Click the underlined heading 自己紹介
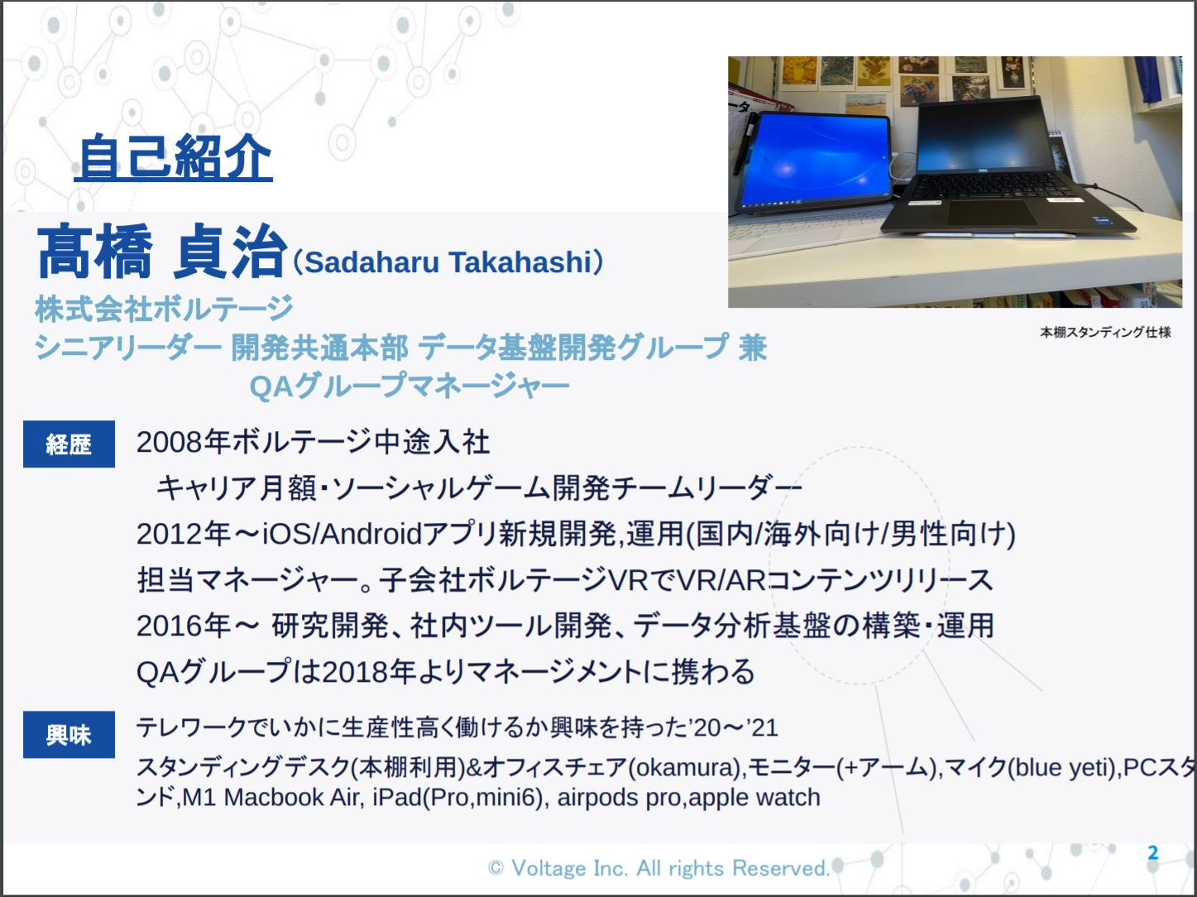(x=174, y=157)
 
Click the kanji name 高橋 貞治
(x=162, y=252)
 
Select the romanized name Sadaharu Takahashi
(x=448, y=261)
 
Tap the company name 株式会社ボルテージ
(x=164, y=308)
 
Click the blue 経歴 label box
(x=69, y=444)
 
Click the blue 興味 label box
(x=69, y=735)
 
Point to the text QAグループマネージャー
(x=409, y=386)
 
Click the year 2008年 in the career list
(x=184, y=442)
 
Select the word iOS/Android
(x=342, y=534)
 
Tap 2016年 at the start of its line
(x=184, y=626)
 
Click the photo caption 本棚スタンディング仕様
(x=1105, y=332)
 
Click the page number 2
(x=1153, y=852)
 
